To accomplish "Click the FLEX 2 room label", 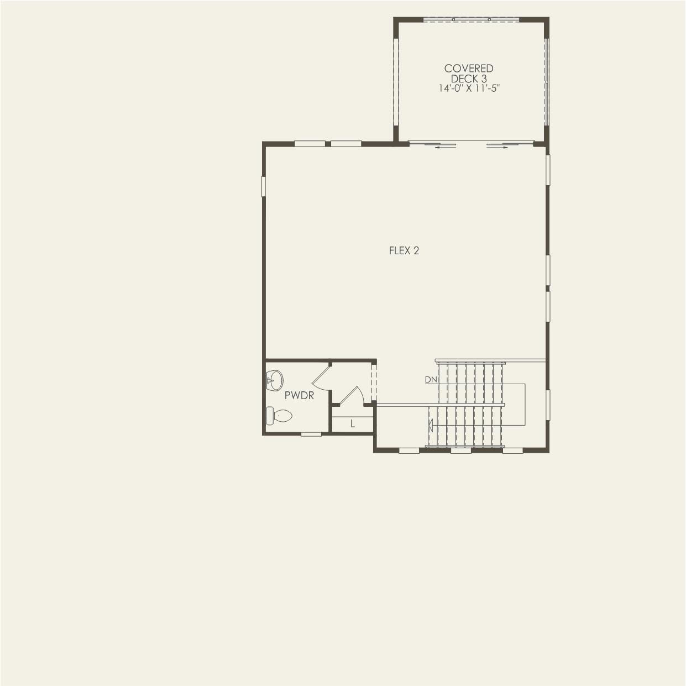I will [404, 251].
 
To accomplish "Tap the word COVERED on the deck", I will [469, 69].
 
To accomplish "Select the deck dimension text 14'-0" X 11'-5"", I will [469, 88].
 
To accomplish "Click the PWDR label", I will [299, 396].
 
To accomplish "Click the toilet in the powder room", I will [279, 416].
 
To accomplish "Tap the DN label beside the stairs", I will [431, 380].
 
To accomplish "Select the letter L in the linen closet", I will [353, 424].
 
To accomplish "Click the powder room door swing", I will [321, 375].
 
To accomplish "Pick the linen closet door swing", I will [351, 395].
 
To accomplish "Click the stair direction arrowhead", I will [431, 425].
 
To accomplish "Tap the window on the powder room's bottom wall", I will [311, 434].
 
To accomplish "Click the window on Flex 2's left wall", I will [264, 186].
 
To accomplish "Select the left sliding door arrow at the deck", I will [446, 147].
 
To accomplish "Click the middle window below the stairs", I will [460, 451].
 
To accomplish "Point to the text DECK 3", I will [469, 79].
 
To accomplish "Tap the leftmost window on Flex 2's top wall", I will [310, 144].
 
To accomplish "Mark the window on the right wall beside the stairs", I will [548, 405].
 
